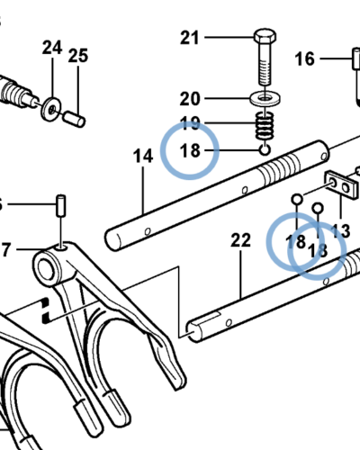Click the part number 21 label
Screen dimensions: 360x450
(x=189, y=38)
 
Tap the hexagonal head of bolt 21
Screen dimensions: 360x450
(x=265, y=37)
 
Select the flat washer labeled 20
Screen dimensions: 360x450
(x=265, y=98)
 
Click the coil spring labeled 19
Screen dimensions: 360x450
(x=265, y=125)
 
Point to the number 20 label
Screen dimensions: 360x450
(x=190, y=99)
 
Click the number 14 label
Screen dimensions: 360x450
(x=143, y=157)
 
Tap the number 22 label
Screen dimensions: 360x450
(x=240, y=240)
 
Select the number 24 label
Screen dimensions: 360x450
(x=52, y=48)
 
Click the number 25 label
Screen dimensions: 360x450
(x=78, y=56)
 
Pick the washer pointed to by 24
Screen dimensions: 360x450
(x=51, y=109)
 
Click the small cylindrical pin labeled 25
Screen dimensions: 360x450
(x=75, y=119)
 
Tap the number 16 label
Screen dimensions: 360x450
(x=305, y=58)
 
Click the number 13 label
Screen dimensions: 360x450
(x=340, y=231)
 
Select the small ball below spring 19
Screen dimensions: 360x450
(x=265, y=149)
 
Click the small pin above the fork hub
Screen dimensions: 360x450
(x=61, y=205)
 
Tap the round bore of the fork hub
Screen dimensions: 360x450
(x=46, y=270)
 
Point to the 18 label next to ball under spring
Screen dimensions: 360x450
(x=190, y=150)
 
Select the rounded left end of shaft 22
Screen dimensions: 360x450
(x=193, y=331)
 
